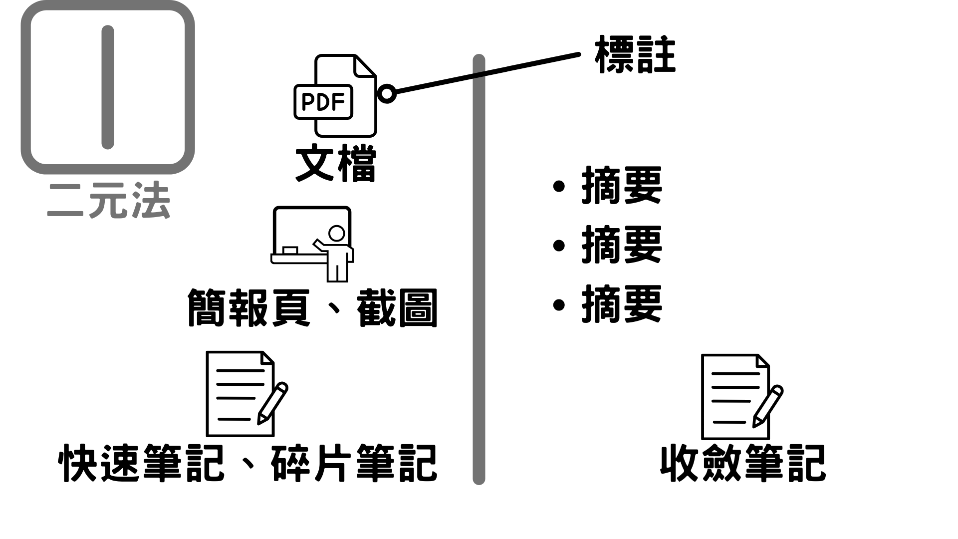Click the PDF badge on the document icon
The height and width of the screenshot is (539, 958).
(323, 102)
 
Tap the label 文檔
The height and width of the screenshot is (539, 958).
(336, 164)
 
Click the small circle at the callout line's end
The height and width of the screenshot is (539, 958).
(387, 93)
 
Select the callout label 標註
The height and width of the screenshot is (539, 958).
(635, 54)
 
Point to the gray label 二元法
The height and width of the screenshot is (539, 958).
(109, 201)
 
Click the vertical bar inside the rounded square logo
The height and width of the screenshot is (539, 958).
(108, 87)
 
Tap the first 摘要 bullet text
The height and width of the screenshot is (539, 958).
(622, 186)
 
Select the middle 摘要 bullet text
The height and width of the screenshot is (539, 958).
(622, 245)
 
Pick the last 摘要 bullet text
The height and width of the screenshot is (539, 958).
(622, 304)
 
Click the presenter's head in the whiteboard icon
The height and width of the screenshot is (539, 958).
(337, 234)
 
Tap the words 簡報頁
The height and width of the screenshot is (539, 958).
(248, 308)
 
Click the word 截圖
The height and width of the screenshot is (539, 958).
(397, 308)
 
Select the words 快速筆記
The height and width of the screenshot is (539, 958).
(142, 464)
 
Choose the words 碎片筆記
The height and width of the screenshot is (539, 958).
(354, 464)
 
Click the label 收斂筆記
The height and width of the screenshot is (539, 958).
(743, 464)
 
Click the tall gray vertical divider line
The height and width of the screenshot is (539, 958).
(479, 269)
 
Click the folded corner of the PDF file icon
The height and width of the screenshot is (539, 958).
(365, 66)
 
